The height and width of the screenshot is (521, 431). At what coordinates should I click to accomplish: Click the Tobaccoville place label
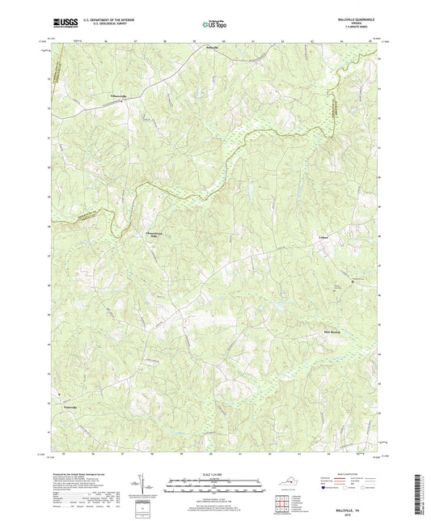point(118,95)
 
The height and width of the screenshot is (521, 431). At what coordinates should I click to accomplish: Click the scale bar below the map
point(214,487)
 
